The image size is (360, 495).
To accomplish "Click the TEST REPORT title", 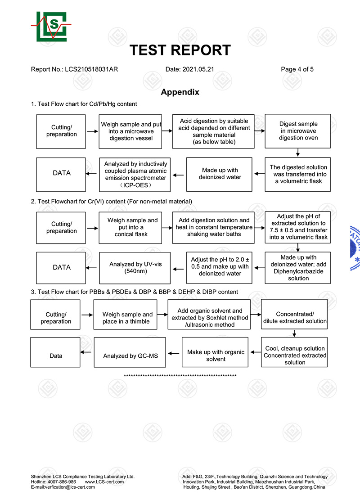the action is pos(180,50).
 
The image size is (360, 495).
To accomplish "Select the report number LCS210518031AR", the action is pos(91,69).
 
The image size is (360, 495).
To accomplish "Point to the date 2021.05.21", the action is pos(198,69).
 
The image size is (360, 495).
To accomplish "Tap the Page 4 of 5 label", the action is pos(297,69).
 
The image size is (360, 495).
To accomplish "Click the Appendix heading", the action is pos(180,92).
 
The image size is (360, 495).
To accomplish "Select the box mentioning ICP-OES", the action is pos(135,175).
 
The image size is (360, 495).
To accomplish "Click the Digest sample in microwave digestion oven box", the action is pos(298,131).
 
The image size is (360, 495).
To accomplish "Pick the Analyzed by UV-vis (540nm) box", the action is pos(135,268).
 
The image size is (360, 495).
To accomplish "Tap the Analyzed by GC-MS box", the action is pos(130,352).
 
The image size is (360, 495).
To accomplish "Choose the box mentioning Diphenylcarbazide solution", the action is pos(298,268).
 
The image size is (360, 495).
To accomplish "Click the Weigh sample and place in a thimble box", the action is pos(126,315).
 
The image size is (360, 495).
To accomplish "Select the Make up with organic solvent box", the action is pos(215,352).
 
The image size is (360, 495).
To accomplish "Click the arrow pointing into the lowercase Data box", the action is pos(86,352).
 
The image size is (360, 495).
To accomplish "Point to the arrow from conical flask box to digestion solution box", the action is pos(167,228).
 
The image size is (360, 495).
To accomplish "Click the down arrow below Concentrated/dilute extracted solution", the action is pos(294,333).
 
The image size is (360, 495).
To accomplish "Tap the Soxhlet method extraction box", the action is pos(209,315).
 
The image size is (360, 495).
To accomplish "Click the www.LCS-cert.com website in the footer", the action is pos(104,482).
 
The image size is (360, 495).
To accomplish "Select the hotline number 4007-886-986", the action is pos(62,482).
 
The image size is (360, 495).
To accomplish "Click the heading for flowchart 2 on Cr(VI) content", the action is pos(112,202).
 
